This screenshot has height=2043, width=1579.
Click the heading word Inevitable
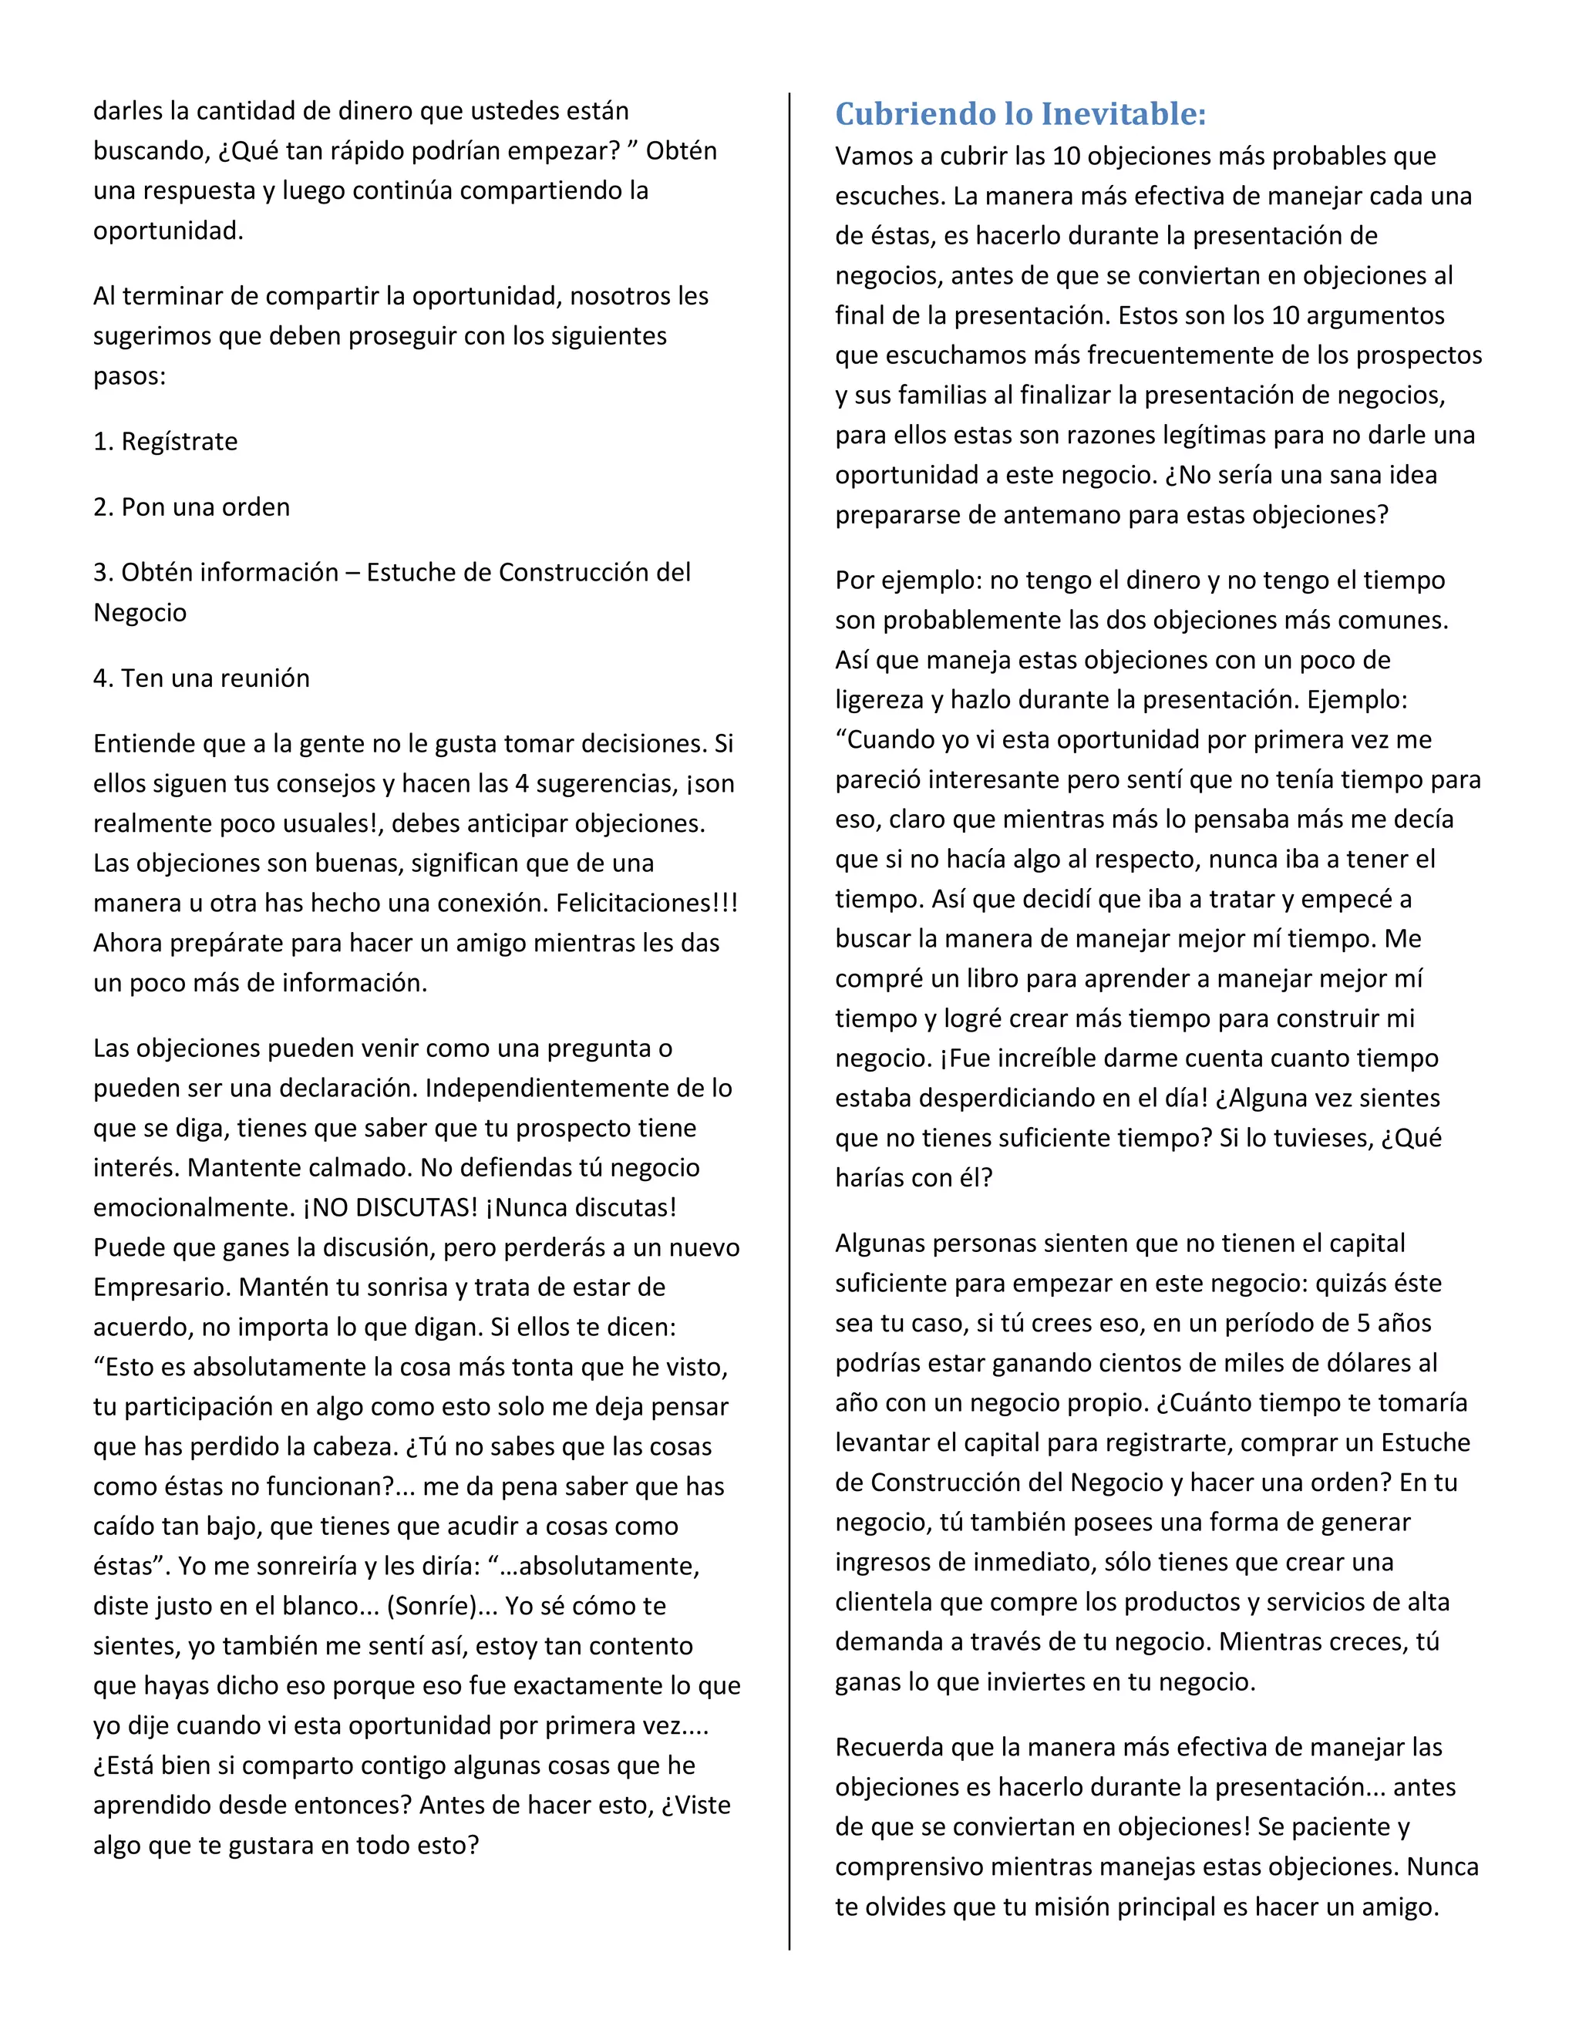click(1123, 114)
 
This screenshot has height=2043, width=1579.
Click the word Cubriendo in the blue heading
click(902, 114)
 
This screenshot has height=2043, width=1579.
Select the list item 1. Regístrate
click(166, 442)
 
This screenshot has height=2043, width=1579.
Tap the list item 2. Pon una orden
click(192, 507)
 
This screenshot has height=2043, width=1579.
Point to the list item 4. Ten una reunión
click(201, 678)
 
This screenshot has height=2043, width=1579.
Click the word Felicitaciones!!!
click(648, 904)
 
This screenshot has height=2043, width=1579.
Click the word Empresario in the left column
click(159, 1288)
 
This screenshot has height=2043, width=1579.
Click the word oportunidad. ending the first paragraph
click(168, 231)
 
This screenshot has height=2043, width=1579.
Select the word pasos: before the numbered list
click(129, 377)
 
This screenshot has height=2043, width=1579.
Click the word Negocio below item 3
click(140, 614)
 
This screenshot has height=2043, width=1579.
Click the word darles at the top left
click(127, 111)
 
